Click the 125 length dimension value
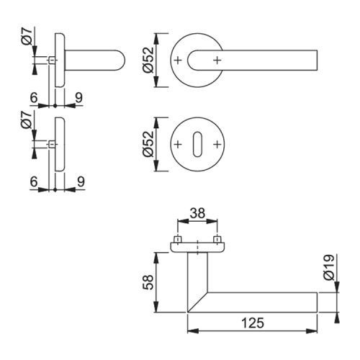coord(253,323)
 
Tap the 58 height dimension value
coord(148,282)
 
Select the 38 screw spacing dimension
coord(197,213)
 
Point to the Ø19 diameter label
coord(329,267)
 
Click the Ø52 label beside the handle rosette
coord(148,60)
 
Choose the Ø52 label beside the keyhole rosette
coord(148,144)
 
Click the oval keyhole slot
coord(197,144)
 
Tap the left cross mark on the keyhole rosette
coord(178,144)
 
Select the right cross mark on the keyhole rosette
coord(217,144)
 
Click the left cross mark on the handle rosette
coord(178,60)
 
